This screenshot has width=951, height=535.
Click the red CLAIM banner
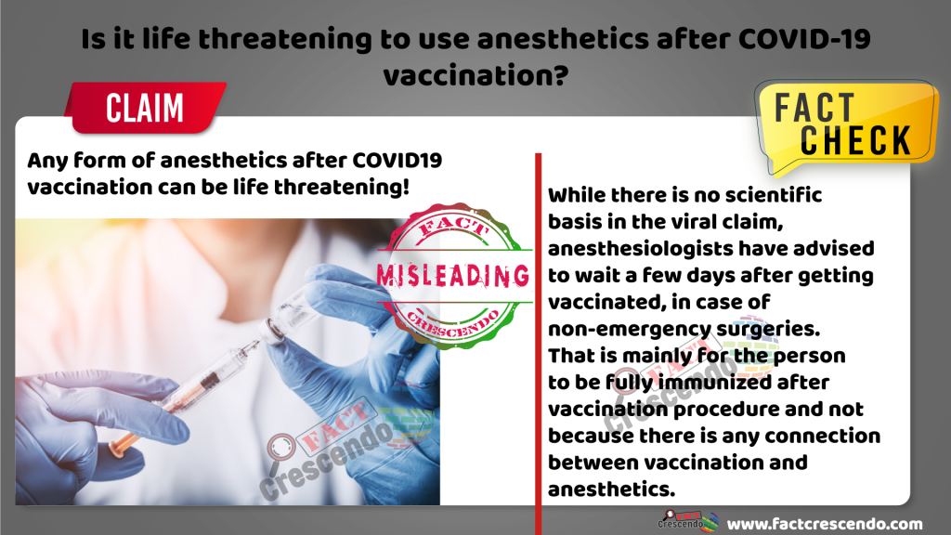146,108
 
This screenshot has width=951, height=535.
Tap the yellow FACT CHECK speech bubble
846,126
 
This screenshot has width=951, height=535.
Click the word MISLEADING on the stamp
453,276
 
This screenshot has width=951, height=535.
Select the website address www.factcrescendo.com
825,524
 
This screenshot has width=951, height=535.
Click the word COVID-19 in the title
804,39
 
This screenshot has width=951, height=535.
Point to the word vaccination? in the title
475,76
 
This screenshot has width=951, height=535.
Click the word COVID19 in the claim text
397,161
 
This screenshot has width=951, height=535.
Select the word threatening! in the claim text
342,187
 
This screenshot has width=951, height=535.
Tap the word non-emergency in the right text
629,329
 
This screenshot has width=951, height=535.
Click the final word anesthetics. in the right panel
611,489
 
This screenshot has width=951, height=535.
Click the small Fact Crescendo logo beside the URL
688,521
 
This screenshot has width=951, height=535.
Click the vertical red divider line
538,344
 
